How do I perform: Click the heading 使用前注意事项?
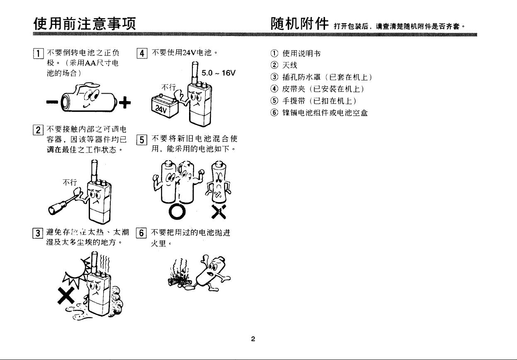point(85,22)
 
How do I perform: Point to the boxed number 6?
point(141,233)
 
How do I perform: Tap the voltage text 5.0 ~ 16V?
point(218,73)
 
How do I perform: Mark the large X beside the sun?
point(66,295)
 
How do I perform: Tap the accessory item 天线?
point(290,65)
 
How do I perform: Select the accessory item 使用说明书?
point(301,53)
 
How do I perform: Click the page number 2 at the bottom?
point(253,339)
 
